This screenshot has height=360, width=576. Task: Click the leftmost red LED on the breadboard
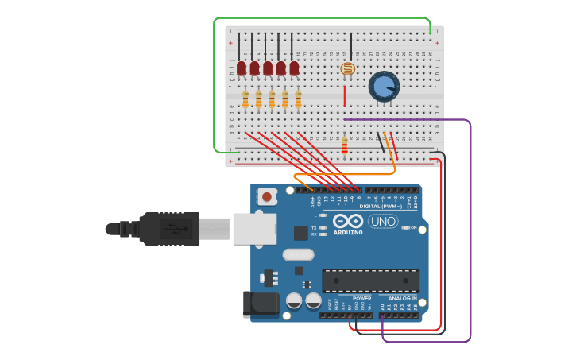pyautogui.click(x=242, y=69)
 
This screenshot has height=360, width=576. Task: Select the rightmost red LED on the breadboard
pyautogui.click(x=294, y=69)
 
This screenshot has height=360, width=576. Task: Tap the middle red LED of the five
pyautogui.click(x=268, y=69)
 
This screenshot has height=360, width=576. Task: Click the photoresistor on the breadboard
pyautogui.click(x=347, y=69)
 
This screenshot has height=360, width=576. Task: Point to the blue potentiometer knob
pyautogui.click(x=384, y=87)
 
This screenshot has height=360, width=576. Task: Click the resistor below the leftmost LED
pyautogui.click(x=245, y=99)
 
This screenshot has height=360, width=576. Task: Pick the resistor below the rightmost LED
pyautogui.click(x=298, y=99)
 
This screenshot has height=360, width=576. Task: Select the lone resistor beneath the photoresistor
pyautogui.click(x=344, y=145)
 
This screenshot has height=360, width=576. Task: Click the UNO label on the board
pyautogui.click(x=383, y=221)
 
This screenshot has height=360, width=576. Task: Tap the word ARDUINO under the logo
pyautogui.click(x=348, y=233)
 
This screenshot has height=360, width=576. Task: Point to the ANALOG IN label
pyautogui.click(x=402, y=298)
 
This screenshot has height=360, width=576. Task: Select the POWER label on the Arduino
pyautogui.click(x=361, y=298)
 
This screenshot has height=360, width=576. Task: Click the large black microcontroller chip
pyautogui.click(x=370, y=281)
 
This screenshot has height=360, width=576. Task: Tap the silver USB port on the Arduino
pyautogui.click(x=254, y=229)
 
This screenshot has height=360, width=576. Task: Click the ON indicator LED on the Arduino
pyautogui.click(x=406, y=228)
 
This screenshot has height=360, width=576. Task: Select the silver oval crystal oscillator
pyautogui.click(x=298, y=255)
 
